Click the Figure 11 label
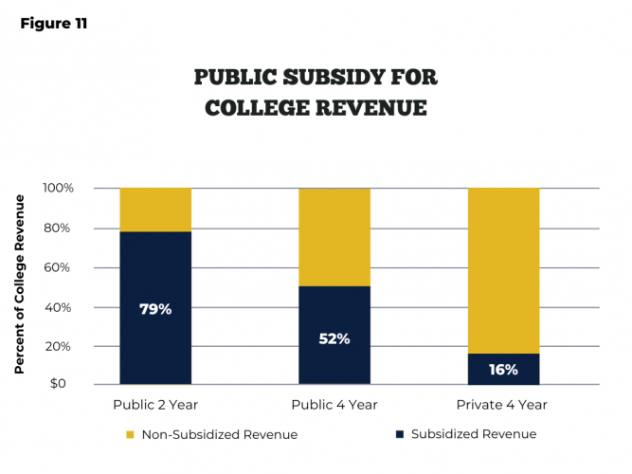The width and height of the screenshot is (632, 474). point(53,24)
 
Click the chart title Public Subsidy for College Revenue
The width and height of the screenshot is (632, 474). point(316,92)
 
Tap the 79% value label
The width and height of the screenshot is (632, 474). point(155,308)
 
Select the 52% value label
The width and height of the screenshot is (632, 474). point(334,338)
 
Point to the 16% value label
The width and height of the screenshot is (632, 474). point(503,370)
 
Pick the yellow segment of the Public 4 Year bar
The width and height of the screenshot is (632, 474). point(334,237)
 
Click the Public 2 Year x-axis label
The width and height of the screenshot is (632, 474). point(155,405)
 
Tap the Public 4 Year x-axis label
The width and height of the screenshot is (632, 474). point(334,405)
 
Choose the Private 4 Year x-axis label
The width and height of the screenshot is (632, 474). point(503,405)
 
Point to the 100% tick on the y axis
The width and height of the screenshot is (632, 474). point(58,189)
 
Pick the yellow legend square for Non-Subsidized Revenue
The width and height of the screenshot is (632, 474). point(130,435)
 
